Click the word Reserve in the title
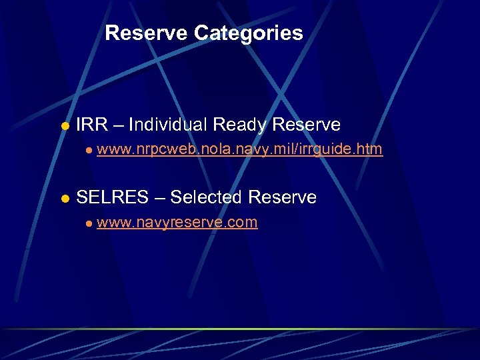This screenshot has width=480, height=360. tap(147, 33)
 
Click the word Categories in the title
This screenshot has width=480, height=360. tap(249, 33)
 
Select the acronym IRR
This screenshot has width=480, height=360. tap(90, 125)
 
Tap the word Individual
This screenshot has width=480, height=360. tap(168, 125)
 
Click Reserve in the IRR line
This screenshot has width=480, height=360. tap(307, 125)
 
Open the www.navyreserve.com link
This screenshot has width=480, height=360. tap(177, 223)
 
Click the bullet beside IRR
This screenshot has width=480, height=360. tap(65, 126)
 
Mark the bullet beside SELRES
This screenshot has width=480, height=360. tap(65, 199)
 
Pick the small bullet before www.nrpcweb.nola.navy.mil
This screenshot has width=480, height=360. tap(88, 151)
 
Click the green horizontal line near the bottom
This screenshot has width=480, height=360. tap(240, 329)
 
